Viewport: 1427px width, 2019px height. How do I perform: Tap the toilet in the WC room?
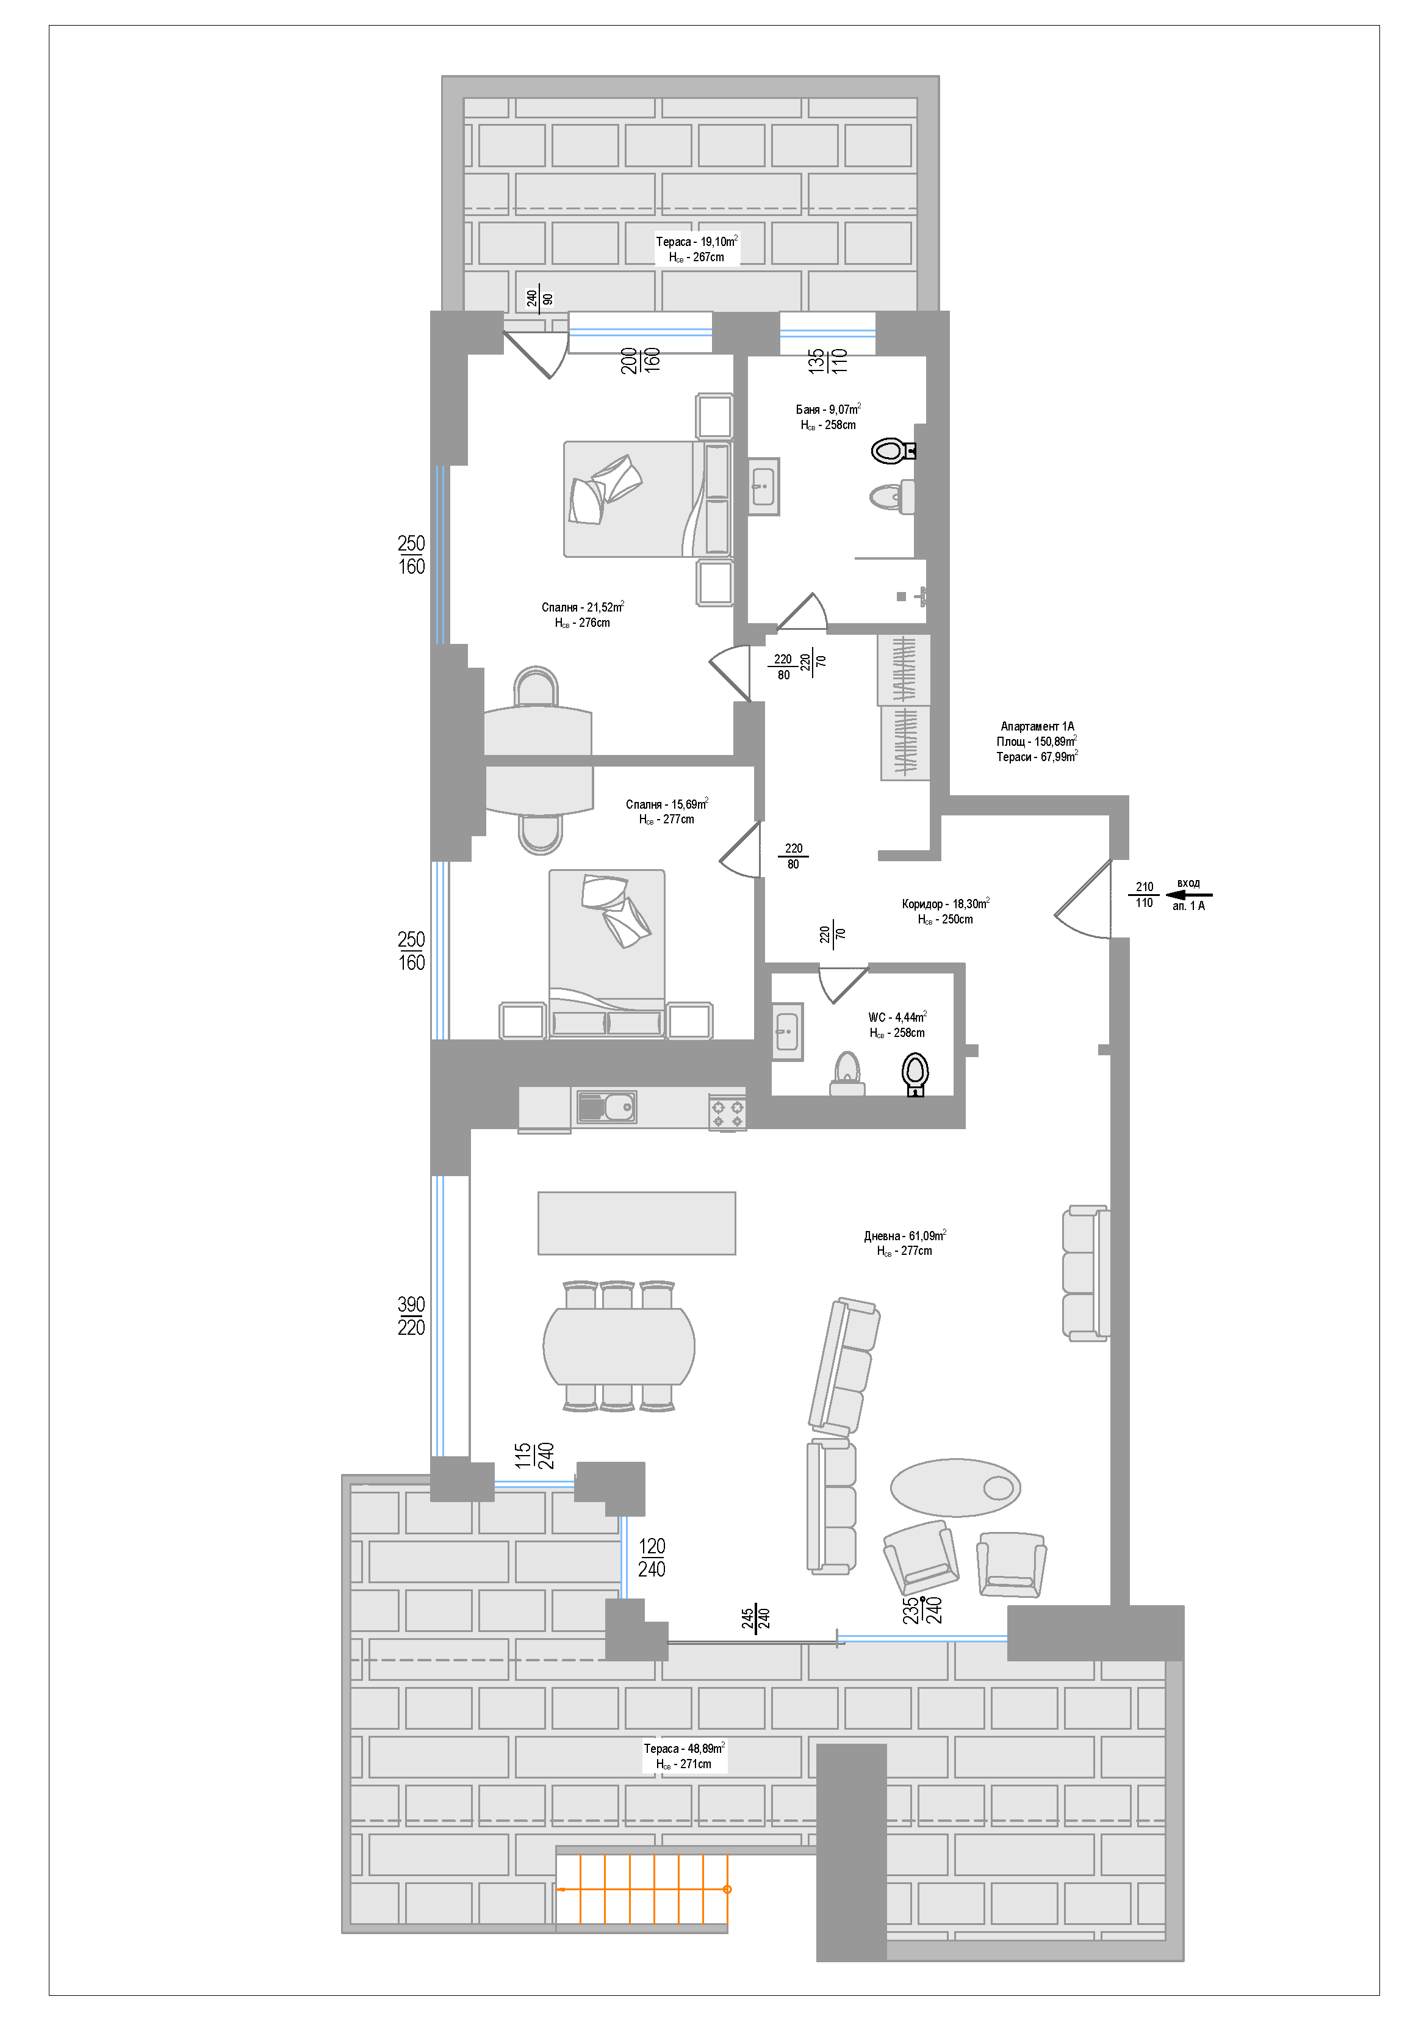point(915,1075)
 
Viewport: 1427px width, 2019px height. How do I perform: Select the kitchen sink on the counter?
point(606,1106)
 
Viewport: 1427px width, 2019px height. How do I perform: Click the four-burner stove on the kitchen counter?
point(727,1113)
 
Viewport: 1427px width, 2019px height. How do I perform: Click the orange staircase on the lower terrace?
point(642,1888)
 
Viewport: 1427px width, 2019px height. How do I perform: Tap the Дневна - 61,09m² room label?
point(905,1235)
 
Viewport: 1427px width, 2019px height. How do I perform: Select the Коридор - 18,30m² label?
point(946,903)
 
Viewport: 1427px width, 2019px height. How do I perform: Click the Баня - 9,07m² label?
point(829,409)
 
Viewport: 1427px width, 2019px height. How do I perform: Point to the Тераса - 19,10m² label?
point(696,241)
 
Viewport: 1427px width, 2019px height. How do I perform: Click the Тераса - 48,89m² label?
point(684,1748)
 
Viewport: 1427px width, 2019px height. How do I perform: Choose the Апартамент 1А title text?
point(1038,726)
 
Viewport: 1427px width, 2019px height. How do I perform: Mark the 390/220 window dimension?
point(411,1315)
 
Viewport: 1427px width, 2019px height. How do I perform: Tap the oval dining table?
point(619,1345)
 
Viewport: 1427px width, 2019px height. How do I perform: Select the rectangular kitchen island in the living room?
point(636,1223)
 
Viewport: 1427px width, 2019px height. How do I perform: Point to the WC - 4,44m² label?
point(897,1017)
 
